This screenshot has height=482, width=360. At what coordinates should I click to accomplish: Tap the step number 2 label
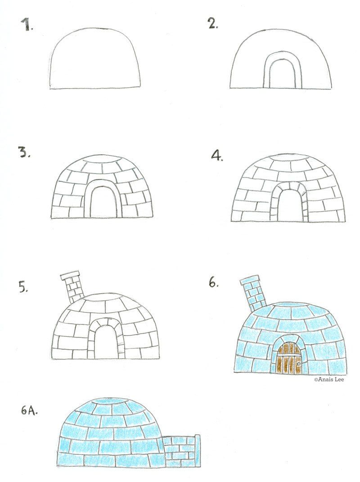pyautogui.click(x=213, y=24)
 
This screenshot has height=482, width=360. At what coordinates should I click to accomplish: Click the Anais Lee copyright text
pyautogui.click(x=331, y=379)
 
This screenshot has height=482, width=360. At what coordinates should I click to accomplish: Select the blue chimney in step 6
pyautogui.click(x=252, y=292)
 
